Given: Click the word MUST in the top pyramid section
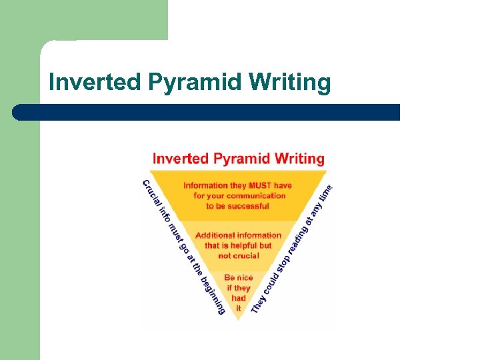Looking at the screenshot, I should pos(262,185).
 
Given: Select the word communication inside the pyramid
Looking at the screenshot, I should pos(256,195).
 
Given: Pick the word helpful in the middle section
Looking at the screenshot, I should pos(239,245).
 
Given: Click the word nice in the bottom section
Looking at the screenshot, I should pos(247,277).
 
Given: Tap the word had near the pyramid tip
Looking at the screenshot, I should pos(239,298).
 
